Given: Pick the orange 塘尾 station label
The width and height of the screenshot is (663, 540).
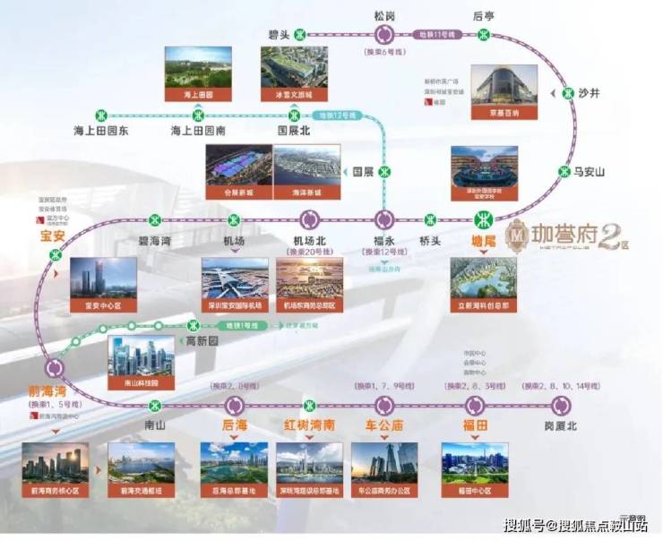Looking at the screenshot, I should (484, 240).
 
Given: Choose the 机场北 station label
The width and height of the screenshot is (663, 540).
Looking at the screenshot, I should (310, 240).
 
